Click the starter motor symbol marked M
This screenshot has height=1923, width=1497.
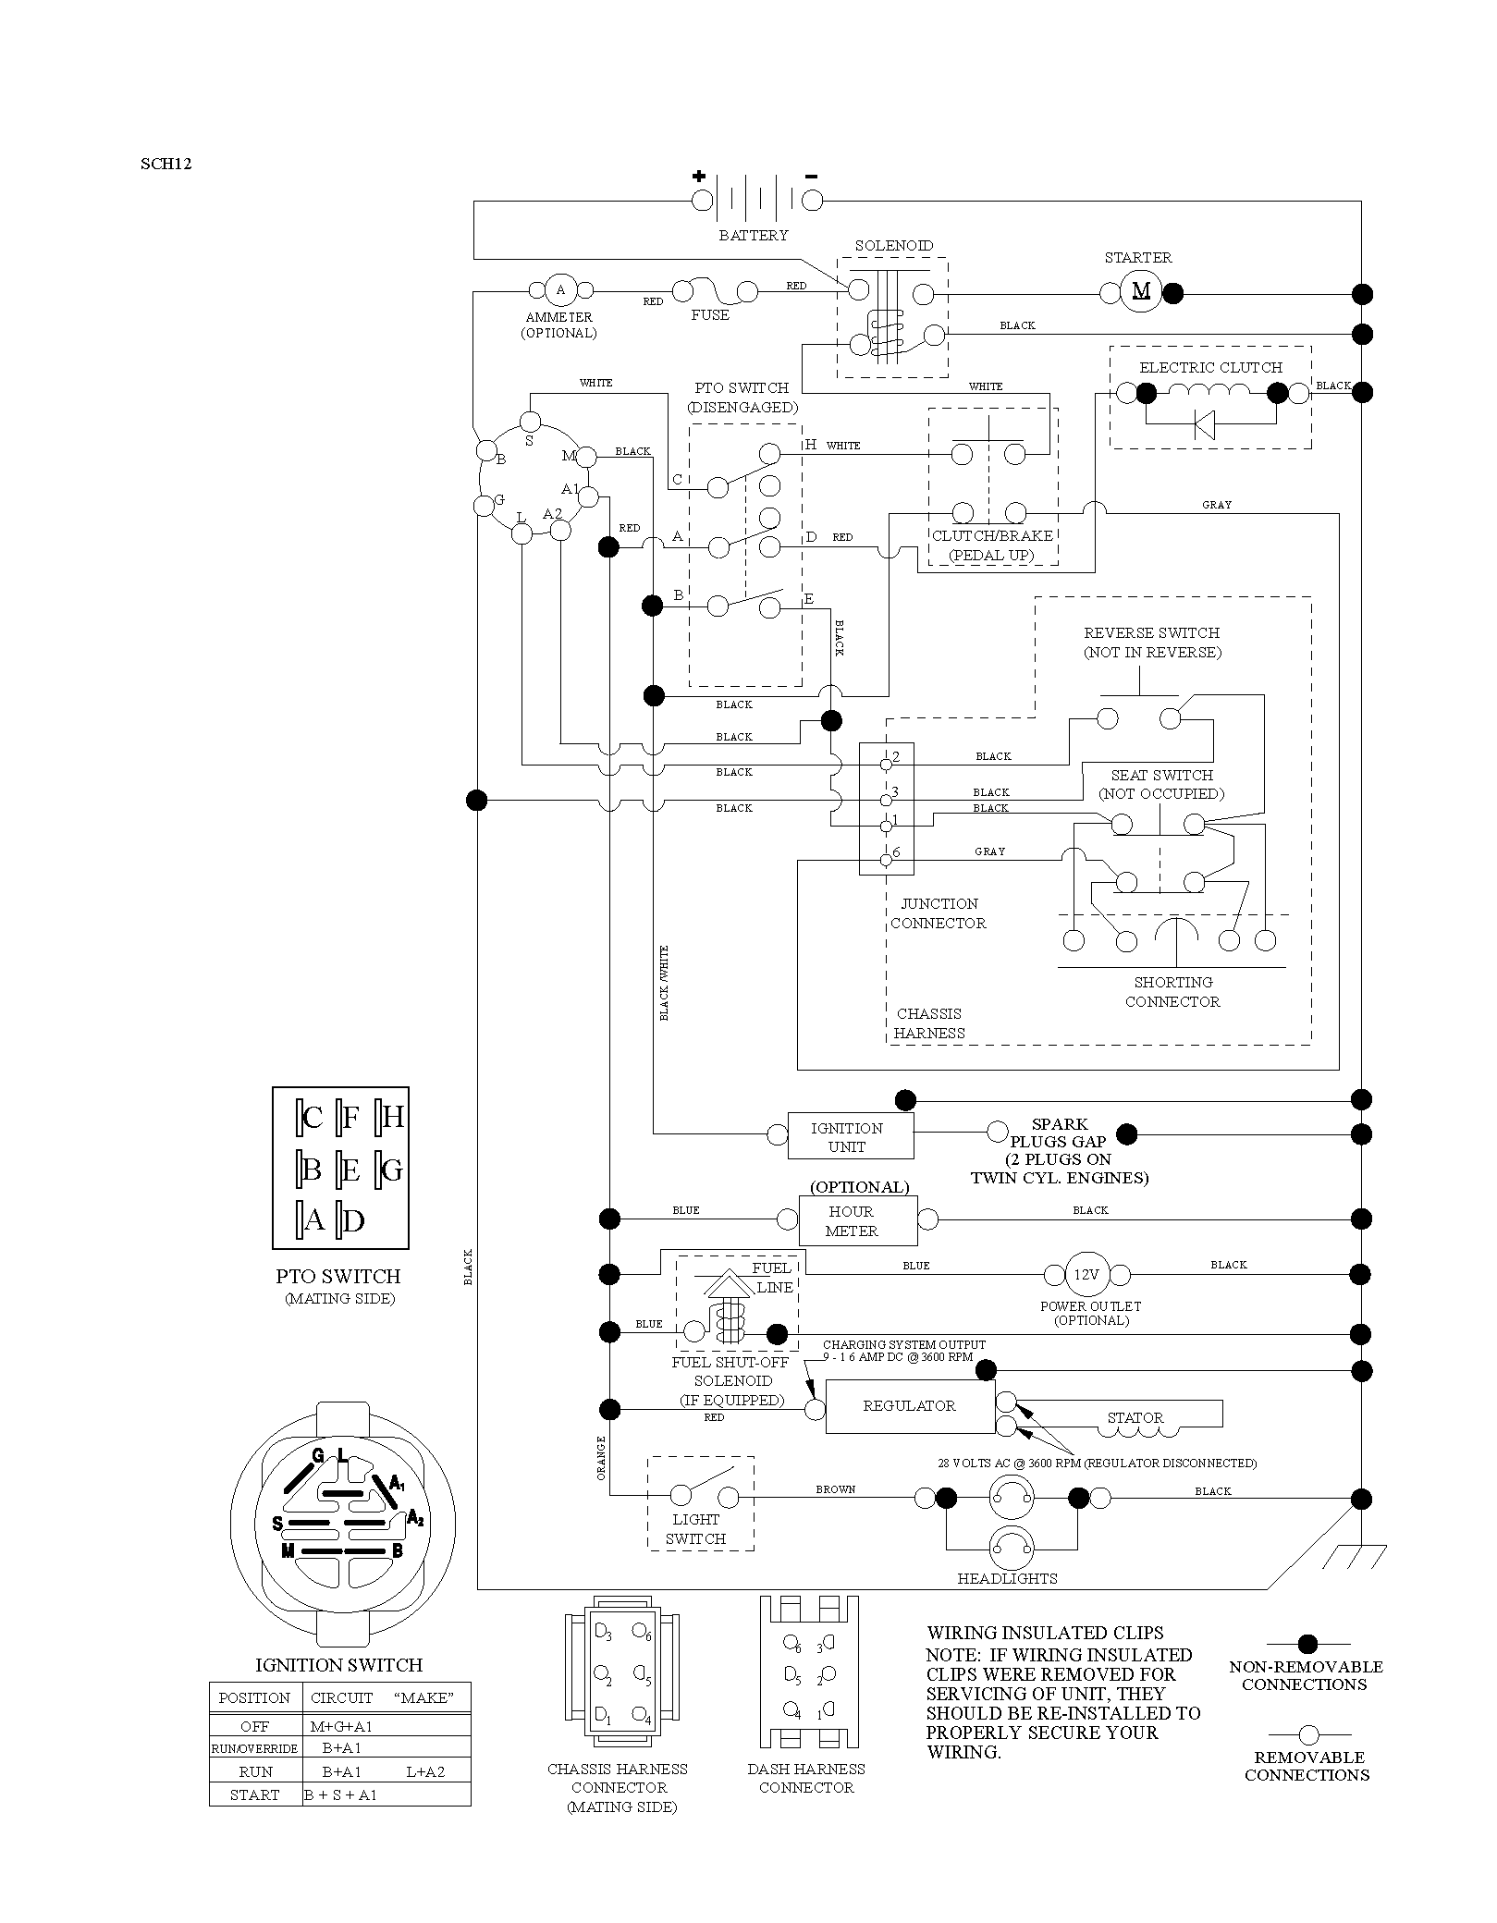pyautogui.click(x=1141, y=291)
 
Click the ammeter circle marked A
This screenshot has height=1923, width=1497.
pyautogui.click(x=559, y=290)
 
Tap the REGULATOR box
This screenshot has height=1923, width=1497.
pyautogui.click(x=910, y=1406)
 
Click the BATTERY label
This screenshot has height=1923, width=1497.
pyautogui.click(x=754, y=236)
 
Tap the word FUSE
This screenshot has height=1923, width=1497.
pyautogui.click(x=710, y=315)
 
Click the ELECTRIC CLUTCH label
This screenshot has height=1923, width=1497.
pyautogui.click(x=1210, y=367)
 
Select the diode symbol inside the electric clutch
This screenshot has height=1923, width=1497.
pyautogui.click(x=1204, y=424)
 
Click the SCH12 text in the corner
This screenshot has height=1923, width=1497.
pyautogui.click(x=166, y=165)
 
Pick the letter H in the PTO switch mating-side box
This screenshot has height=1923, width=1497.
pyautogui.click(x=392, y=1118)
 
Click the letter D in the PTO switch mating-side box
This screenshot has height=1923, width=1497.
pyautogui.click(x=353, y=1221)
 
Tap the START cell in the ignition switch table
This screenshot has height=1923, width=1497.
pyautogui.click(x=256, y=1794)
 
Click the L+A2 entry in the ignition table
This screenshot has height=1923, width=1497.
pyautogui.click(x=425, y=1771)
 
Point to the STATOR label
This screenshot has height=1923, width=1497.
pyautogui.click(x=1135, y=1417)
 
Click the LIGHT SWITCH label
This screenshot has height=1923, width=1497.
pyautogui.click(x=695, y=1528)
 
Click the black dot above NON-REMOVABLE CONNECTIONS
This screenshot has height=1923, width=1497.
pyautogui.click(x=1307, y=1644)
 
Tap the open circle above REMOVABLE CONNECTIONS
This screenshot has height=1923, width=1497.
pyautogui.click(x=1308, y=1734)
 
